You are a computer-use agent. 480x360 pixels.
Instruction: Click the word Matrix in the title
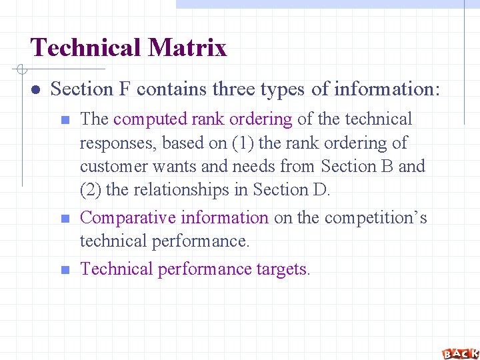click(188, 48)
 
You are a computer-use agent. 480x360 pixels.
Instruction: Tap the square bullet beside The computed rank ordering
click(65, 121)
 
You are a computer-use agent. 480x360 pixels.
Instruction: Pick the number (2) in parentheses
click(91, 189)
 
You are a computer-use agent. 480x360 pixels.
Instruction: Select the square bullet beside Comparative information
click(65, 219)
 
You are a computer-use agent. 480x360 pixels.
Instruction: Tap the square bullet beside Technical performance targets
click(65, 270)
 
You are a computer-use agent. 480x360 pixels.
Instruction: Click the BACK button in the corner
click(459, 353)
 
